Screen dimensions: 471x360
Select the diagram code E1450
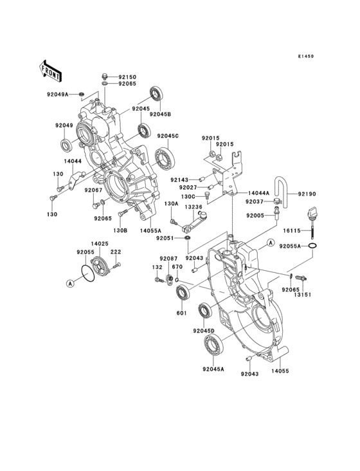coord(305,57)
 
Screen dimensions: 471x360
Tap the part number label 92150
coord(128,76)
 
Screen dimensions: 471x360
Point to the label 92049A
coord(58,95)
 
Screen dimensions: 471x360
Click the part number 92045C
coord(168,136)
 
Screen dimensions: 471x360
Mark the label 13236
coord(194,207)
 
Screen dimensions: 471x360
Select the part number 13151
coord(303,295)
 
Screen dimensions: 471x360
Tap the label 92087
coord(168,258)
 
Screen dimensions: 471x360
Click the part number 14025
coord(99,244)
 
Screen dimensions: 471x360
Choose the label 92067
coord(94,191)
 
